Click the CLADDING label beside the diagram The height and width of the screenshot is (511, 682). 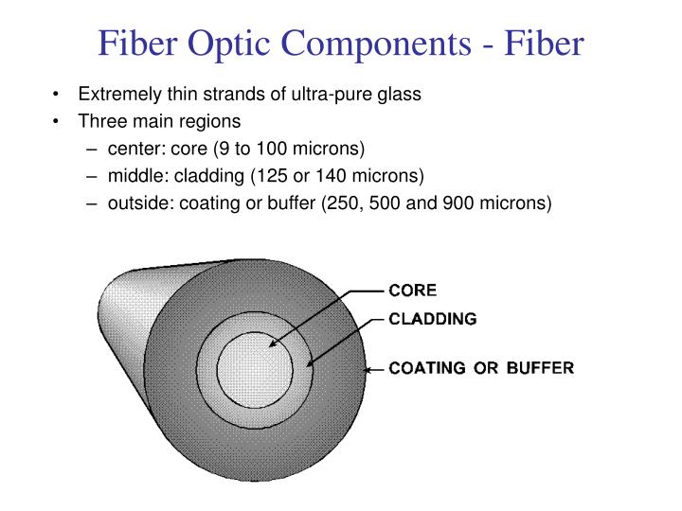(433, 319)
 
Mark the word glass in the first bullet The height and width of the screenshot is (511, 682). (400, 95)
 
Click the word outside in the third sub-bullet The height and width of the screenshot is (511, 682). (135, 202)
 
